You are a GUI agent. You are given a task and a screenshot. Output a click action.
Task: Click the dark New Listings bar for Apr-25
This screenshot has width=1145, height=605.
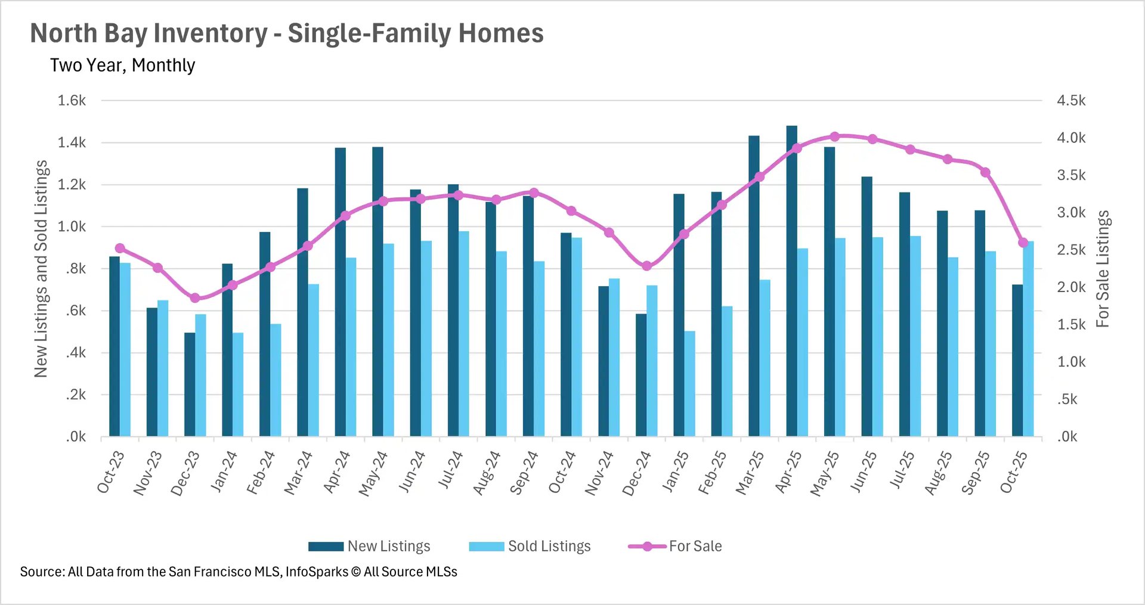[791, 280]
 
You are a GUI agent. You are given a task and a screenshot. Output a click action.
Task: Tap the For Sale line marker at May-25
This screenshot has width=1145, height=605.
[835, 136]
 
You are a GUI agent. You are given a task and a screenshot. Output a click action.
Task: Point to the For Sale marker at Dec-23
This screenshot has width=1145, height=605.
[195, 298]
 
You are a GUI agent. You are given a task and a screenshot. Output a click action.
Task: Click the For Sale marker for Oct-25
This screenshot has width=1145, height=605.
[1023, 243]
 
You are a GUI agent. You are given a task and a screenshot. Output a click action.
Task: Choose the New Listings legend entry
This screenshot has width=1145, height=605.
[370, 546]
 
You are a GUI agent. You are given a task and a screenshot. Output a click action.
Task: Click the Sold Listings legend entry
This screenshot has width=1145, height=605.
[530, 546]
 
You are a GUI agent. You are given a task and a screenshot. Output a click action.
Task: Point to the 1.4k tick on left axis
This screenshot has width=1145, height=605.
[72, 142]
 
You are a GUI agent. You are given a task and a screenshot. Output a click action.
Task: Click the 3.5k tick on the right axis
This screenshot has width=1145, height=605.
[1071, 175]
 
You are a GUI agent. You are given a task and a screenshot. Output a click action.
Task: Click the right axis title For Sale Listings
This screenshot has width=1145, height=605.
[1103, 268]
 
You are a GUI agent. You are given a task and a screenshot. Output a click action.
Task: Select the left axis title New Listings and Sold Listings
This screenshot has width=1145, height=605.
[41, 268]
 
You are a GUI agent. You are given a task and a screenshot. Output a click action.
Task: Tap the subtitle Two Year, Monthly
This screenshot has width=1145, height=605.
[122, 65]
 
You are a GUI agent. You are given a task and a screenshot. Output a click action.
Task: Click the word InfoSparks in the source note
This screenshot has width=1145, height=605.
[317, 572]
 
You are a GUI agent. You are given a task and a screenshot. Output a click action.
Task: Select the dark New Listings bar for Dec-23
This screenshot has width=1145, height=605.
[190, 384]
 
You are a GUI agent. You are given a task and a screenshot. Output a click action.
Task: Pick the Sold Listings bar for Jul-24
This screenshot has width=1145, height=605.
[463, 334]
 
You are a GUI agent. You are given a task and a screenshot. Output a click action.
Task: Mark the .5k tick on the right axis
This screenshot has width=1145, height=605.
[1067, 399]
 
